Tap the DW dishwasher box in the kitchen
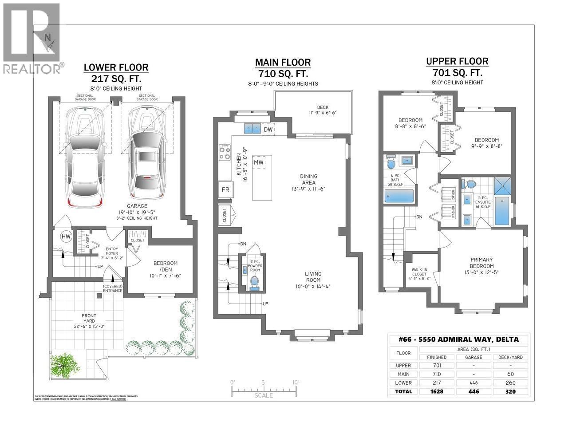click(268, 129)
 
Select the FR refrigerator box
click(225, 189)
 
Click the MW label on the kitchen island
click(258, 163)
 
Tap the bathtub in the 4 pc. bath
click(399, 195)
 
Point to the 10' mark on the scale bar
click(296, 383)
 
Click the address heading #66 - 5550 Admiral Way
click(458, 340)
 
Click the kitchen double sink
click(252, 129)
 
